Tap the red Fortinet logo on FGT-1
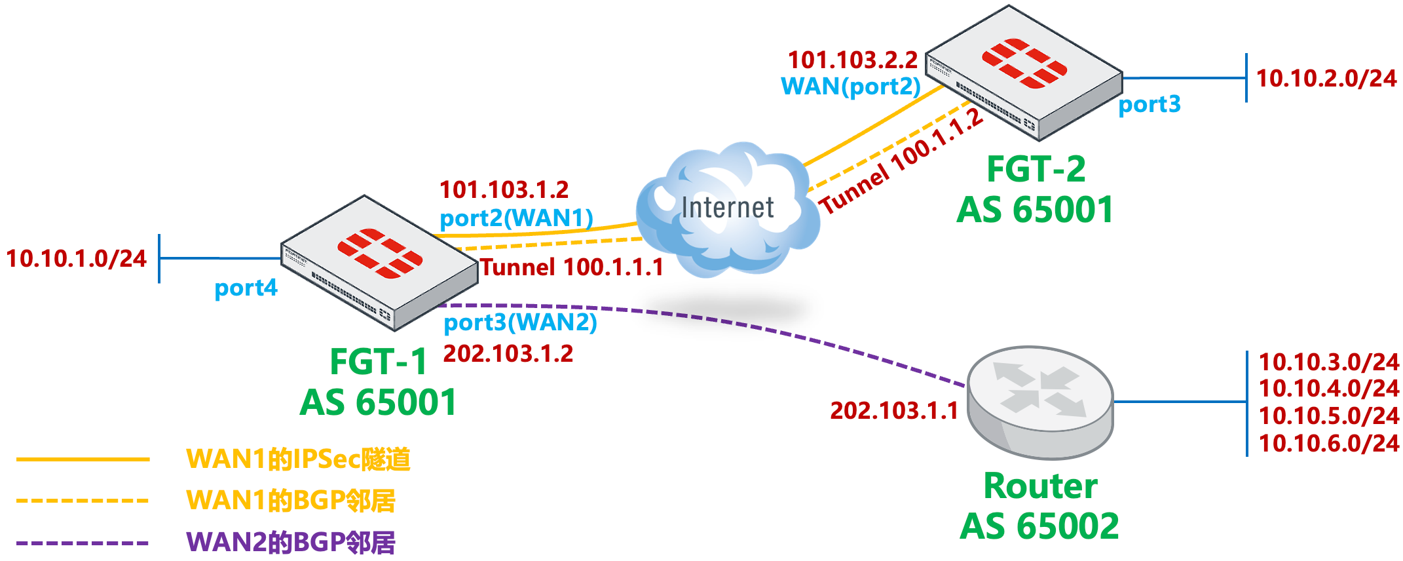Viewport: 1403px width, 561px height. coord(380,253)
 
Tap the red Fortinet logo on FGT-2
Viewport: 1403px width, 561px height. coord(1024,64)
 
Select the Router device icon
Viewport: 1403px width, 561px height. coord(1040,402)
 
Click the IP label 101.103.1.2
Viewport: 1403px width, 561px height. coord(504,190)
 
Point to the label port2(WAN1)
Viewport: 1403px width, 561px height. coord(516,218)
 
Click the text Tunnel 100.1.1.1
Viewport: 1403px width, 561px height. coord(572,267)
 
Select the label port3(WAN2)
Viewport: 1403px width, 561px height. coord(520,322)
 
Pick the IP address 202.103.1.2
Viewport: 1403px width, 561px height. coord(508,354)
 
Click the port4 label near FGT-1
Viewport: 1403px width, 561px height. coord(246,288)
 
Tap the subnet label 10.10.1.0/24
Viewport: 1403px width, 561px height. coord(77,259)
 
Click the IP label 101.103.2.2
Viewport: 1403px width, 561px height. coord(852,60)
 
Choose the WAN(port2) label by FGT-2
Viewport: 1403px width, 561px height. coord(850,87)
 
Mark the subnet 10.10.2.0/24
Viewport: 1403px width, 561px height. coord(1326,79)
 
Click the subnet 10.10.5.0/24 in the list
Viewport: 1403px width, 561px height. coord(1328,416)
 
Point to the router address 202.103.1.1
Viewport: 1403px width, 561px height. coord(894,411)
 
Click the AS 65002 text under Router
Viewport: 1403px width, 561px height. coord(1039,526)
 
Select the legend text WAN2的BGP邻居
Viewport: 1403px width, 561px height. coord(291,543)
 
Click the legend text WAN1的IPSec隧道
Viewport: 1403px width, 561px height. coord(298,459)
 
